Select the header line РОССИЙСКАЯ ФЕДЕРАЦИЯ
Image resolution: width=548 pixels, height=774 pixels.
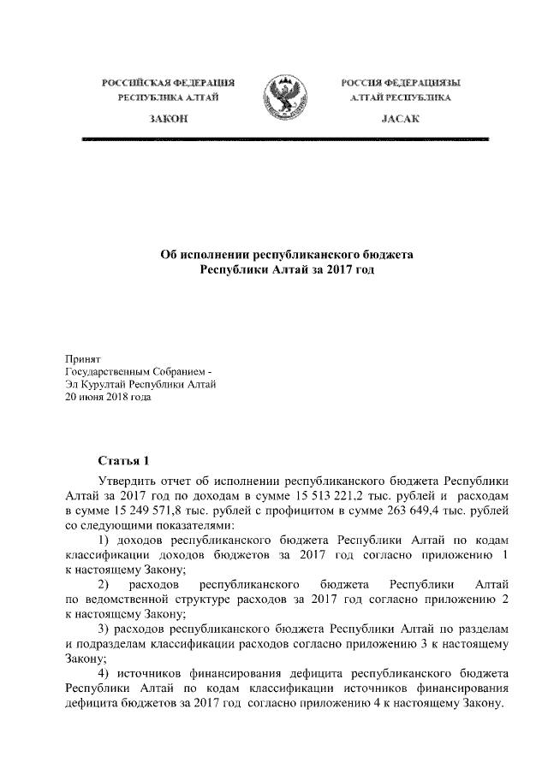click(x=169, y=83)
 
